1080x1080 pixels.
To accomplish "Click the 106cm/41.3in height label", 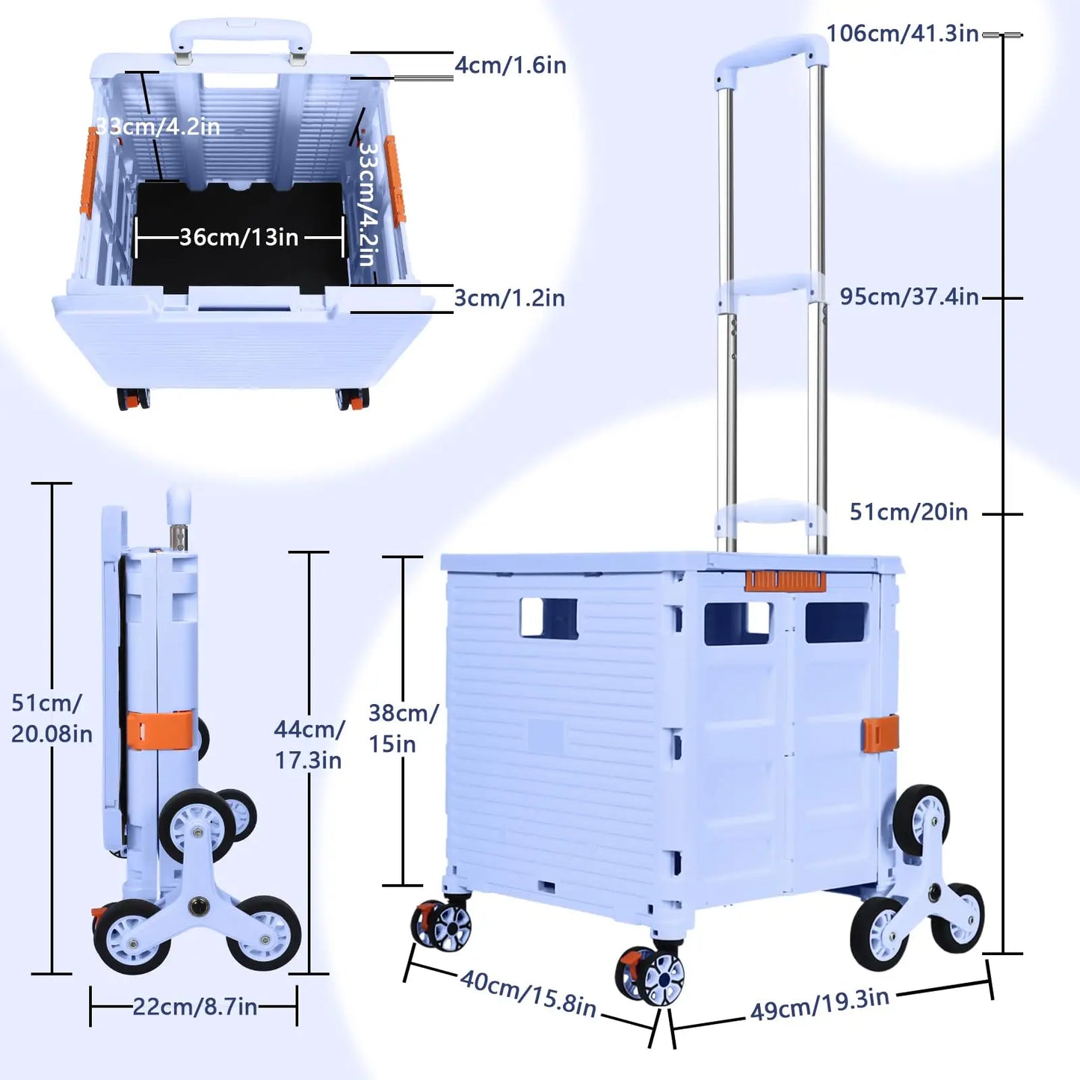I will tap(902, 34).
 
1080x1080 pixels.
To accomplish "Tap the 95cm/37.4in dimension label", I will tap(909, 297).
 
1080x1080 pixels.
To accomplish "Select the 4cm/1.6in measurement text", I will tap(510, 66).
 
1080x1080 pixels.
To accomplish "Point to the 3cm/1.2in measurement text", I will tap(509, 298).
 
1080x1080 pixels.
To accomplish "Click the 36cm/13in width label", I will tap(239, 238).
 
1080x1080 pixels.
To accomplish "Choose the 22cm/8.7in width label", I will tap(195, 1007).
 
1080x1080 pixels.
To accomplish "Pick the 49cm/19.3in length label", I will tap(820, 1004).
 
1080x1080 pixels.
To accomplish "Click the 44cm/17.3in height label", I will tap(309, 744).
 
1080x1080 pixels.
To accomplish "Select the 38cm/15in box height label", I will tap(403, 728).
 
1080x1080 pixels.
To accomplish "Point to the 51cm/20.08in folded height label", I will tap(51, 718).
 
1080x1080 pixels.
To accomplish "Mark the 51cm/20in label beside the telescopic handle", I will tap(909, 512).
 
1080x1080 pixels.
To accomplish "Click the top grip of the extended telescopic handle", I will tap(771, 53).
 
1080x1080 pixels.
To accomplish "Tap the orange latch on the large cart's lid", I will tap(785, 581).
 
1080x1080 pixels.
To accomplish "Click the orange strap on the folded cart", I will tap(159, 730).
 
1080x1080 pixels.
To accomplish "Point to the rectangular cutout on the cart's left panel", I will tap(549, 617).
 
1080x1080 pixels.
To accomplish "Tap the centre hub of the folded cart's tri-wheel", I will tap(199, 907).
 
